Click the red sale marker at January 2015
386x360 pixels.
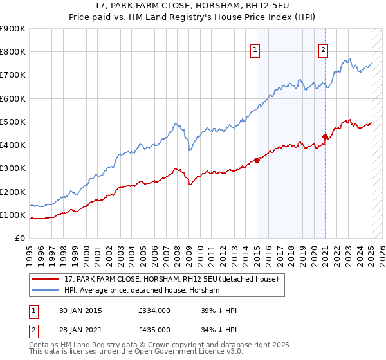click(257, 160)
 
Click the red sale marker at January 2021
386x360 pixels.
click(325, 136)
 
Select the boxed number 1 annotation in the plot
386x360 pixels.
click(255, 51)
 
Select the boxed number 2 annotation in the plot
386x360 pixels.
click(322, 51)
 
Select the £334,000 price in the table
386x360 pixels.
click(154, 310)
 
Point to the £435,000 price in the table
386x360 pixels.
click(154, 329)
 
